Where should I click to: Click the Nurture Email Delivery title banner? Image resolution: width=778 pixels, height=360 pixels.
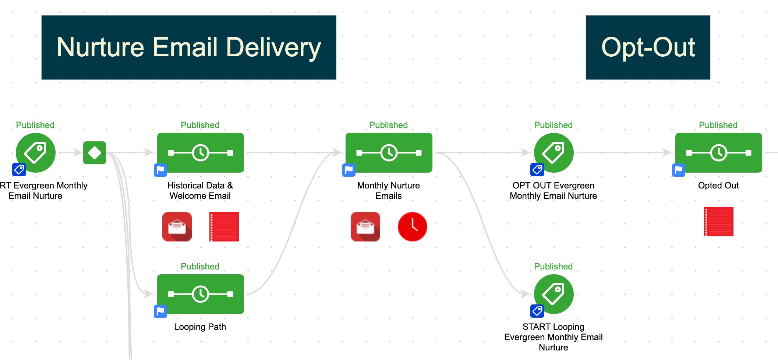pyautogui.click(x=188, y=47)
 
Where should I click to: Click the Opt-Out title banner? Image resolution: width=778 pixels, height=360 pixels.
pyautogui.click(x=648, y=47)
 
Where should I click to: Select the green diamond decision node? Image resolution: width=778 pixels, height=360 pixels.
pyautogui.click(x=95, y=153)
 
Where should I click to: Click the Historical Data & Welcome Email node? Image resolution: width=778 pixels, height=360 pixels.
pyautogui.click(x=200, y=153)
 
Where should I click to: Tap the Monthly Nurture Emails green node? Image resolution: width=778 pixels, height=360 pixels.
pyautogui.click(x=389, y=153)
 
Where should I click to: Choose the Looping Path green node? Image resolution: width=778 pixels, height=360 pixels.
pyautogui.click(x=200, y=294)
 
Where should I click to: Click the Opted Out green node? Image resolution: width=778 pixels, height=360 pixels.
pyautogui.click(x=718, y=153)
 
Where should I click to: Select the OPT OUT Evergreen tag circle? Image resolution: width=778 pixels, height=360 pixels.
pyautogui.click(x=554, y=153)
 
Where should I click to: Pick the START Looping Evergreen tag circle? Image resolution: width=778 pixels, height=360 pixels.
pyautogui.click(x=554, y=294)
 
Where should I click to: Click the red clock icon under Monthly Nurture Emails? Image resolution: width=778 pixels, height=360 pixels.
pyautogui.click(x=412, y=227)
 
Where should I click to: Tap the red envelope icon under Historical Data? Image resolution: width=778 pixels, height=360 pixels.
pyautogui.click(x=177, y=227)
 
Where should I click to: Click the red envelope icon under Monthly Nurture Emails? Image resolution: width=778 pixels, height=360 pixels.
pyautogui.click(x=365, y=227)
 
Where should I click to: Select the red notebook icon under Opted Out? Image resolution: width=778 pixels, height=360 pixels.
pyautogui.click(x=718, y=222)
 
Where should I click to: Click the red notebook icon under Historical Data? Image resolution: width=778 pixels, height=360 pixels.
pyautogui.click(x=224, y=227)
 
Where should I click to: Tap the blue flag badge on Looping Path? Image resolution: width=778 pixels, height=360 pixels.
pyautogui.click(x=160, y=311)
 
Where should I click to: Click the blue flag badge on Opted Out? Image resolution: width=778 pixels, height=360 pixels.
pyautogui.click(x=679, y=170)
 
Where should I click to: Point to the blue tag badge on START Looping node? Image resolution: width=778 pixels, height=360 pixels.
pyautogui.click(x=537, y=311)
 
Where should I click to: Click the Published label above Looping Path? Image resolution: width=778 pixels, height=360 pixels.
pyautogui.click(x=200, y=267)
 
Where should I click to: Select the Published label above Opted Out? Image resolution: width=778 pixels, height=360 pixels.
pyautogui.click(x=718, y=125)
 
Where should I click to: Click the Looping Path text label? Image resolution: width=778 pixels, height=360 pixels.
pyautogui.click(x=200, y=327)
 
